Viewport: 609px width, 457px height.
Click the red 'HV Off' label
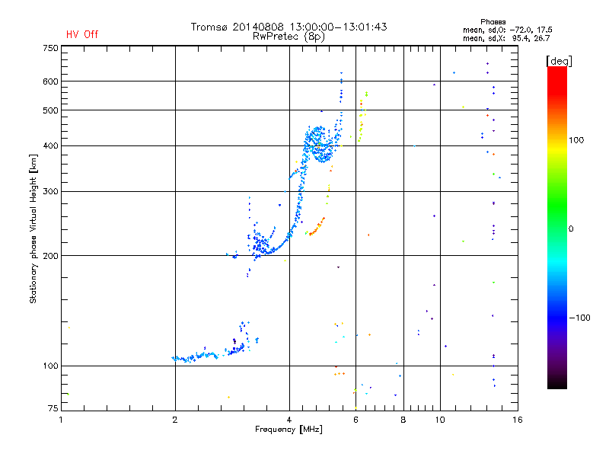pyautogui.click(x=82, y=34)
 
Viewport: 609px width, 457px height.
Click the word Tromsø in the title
pyautogui.click(x=212, y=27)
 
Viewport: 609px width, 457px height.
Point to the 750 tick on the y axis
pyautogui.click(x=50, y=47)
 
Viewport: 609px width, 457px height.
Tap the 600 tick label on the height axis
pyautogui.click(x=50, y=81)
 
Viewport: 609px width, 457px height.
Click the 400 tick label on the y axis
pyautogui.click(x=50, y=145)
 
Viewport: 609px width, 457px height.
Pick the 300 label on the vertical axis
pyautogui.click(x=50, y=191)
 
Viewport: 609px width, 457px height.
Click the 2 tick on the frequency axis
pyautogui.click(x=175, y=420)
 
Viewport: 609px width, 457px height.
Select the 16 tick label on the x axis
pyautogui.click(x=517, y=420)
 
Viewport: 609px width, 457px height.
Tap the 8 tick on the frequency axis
pyautogui.click(x=403, y=420)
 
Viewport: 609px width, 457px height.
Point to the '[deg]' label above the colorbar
pyautogui.click(x=560, y=60)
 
